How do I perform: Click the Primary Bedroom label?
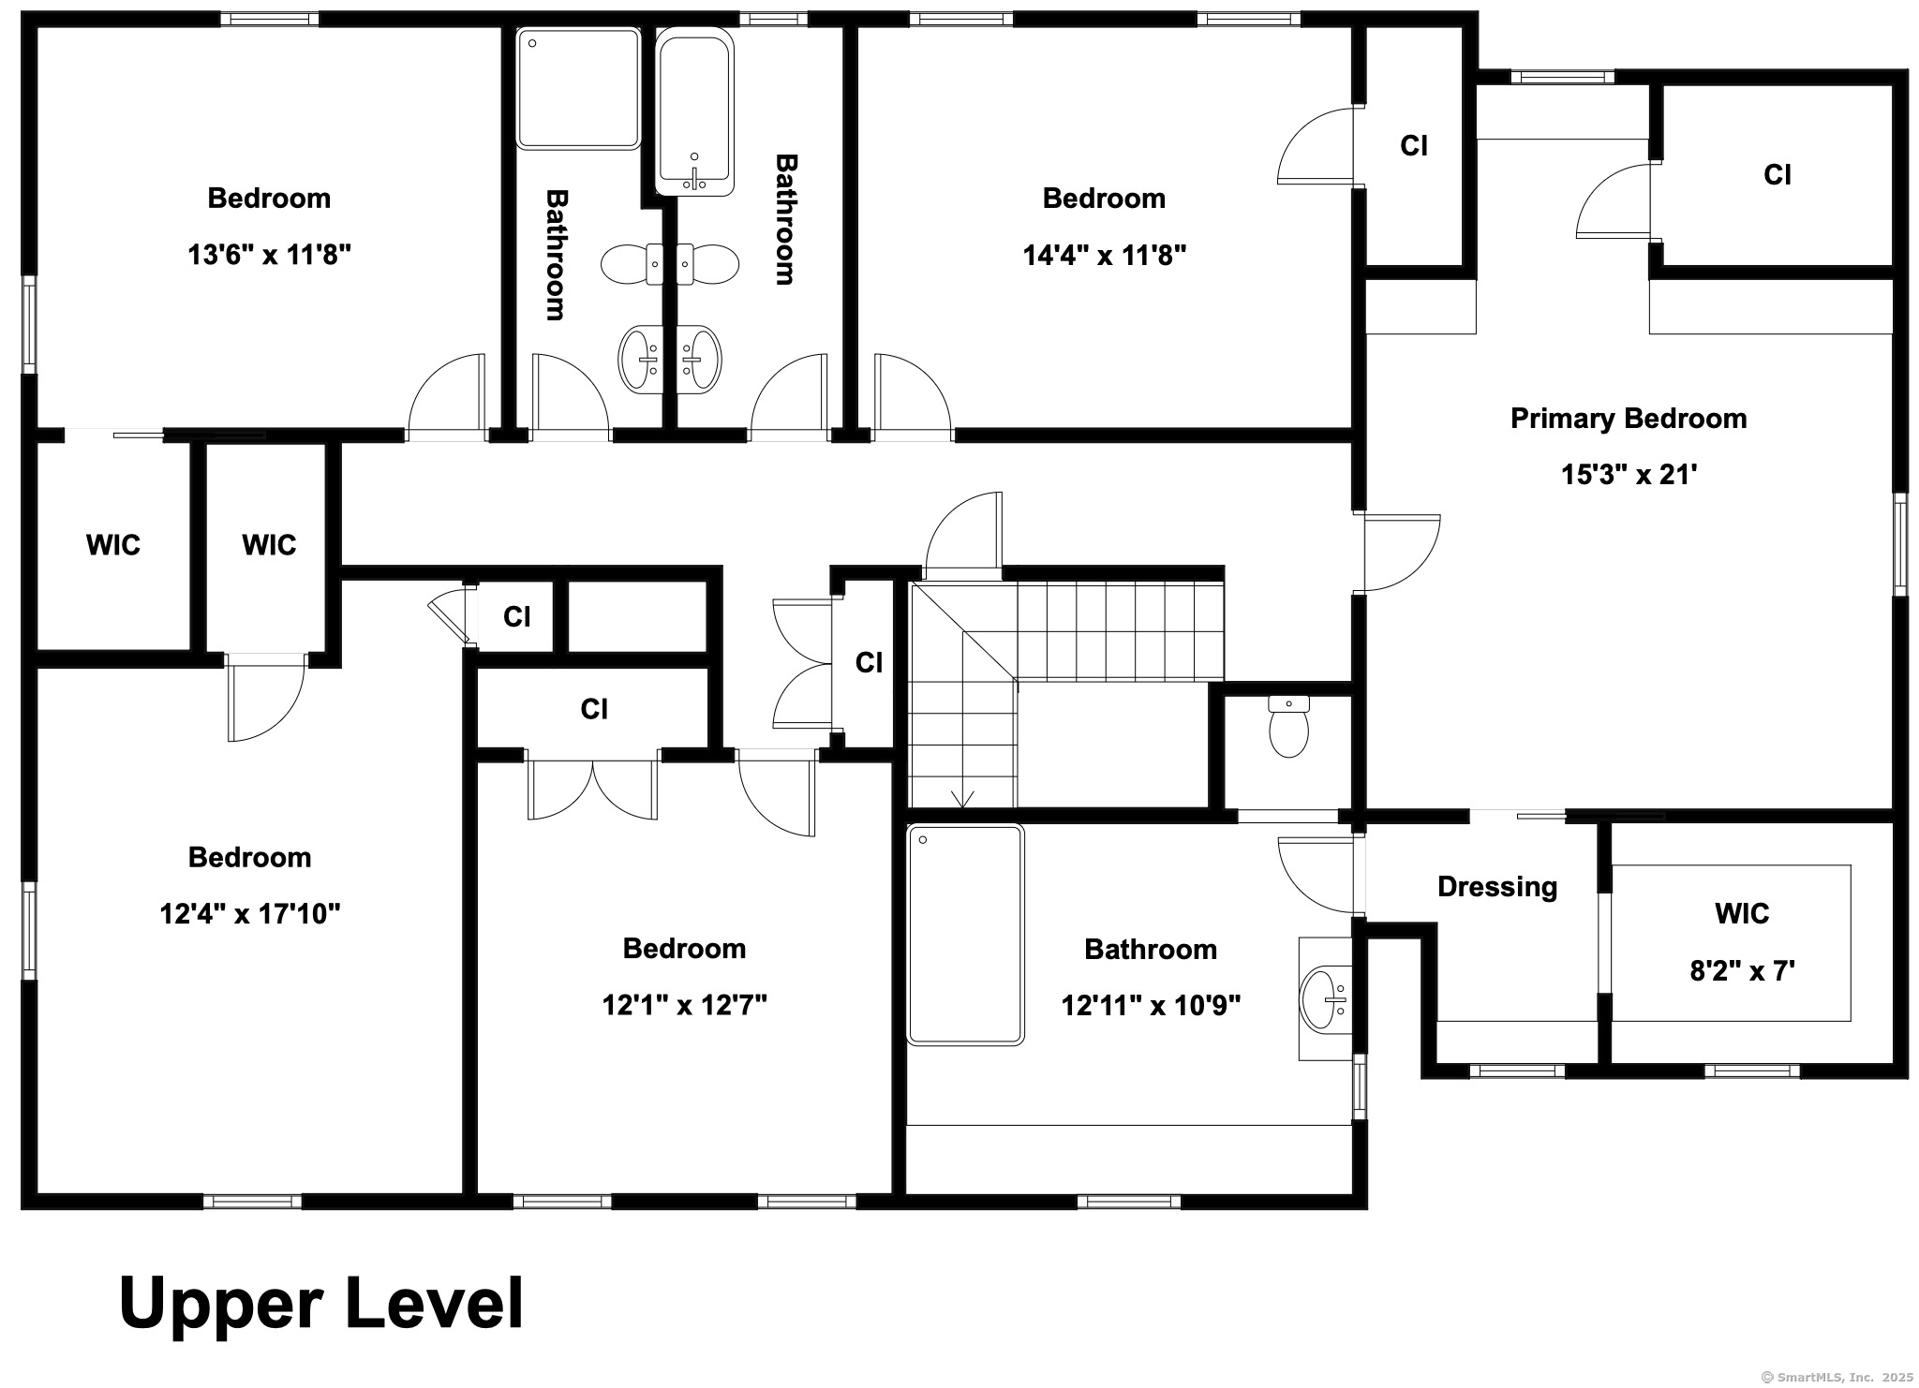pyautogui.click(x=1629, y=418)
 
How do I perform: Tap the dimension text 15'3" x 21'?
pyautogui.click(x=1629, y=475)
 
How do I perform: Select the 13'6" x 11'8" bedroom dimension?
pyautogui.click(x=270, y=255)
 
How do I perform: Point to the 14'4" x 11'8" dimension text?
pyautogui.click(x=1105, y=255)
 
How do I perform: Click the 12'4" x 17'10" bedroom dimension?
pyautogui.click(x=250, y=913)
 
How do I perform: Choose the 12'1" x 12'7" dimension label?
pyautogui.click(x=685, y=1005)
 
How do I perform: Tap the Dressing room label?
pyautogui.click(x=1497, y=887)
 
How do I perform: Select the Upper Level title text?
pyautogui.click(x=321, y=1304)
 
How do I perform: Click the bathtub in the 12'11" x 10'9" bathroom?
pyautogui.click(x=965, y=934)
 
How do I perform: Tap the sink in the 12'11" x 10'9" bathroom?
pyautogui.click(x=1326, y=999)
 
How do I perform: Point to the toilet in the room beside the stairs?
pyautogui.click(x=1289, y=726)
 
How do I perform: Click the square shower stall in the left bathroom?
pyautogui.click(x=578, y=88)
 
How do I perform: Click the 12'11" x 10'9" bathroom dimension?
pyautogui.click(x=1151, y=1006)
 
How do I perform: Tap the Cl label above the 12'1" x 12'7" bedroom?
pyautogui.click(x=594, y=710)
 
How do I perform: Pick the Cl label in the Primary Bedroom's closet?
pyautogui.click(x=1778, y=175)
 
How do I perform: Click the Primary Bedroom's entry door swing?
pyautogui.click(x=1402, y=553)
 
